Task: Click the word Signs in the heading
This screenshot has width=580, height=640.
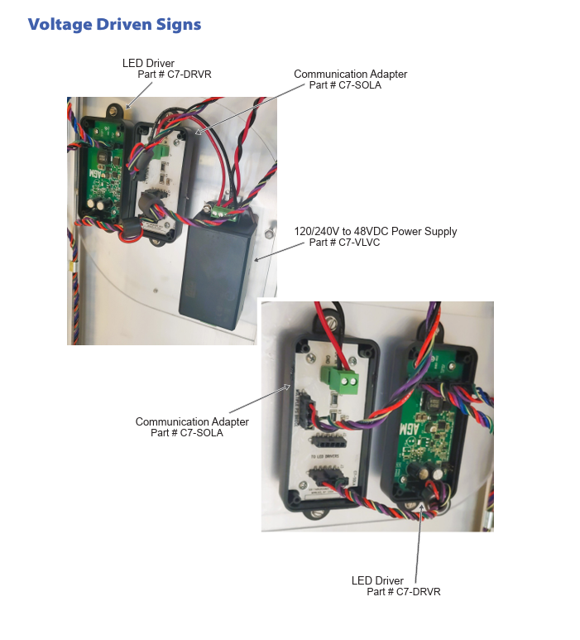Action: pos(179,24)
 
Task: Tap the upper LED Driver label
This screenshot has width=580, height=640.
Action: pos(148,63)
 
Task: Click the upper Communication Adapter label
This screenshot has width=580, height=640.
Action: pos(350,74)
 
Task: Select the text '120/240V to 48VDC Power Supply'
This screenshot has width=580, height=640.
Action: pos(376,231)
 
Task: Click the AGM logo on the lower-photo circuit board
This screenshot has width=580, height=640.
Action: pos(432,430)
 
